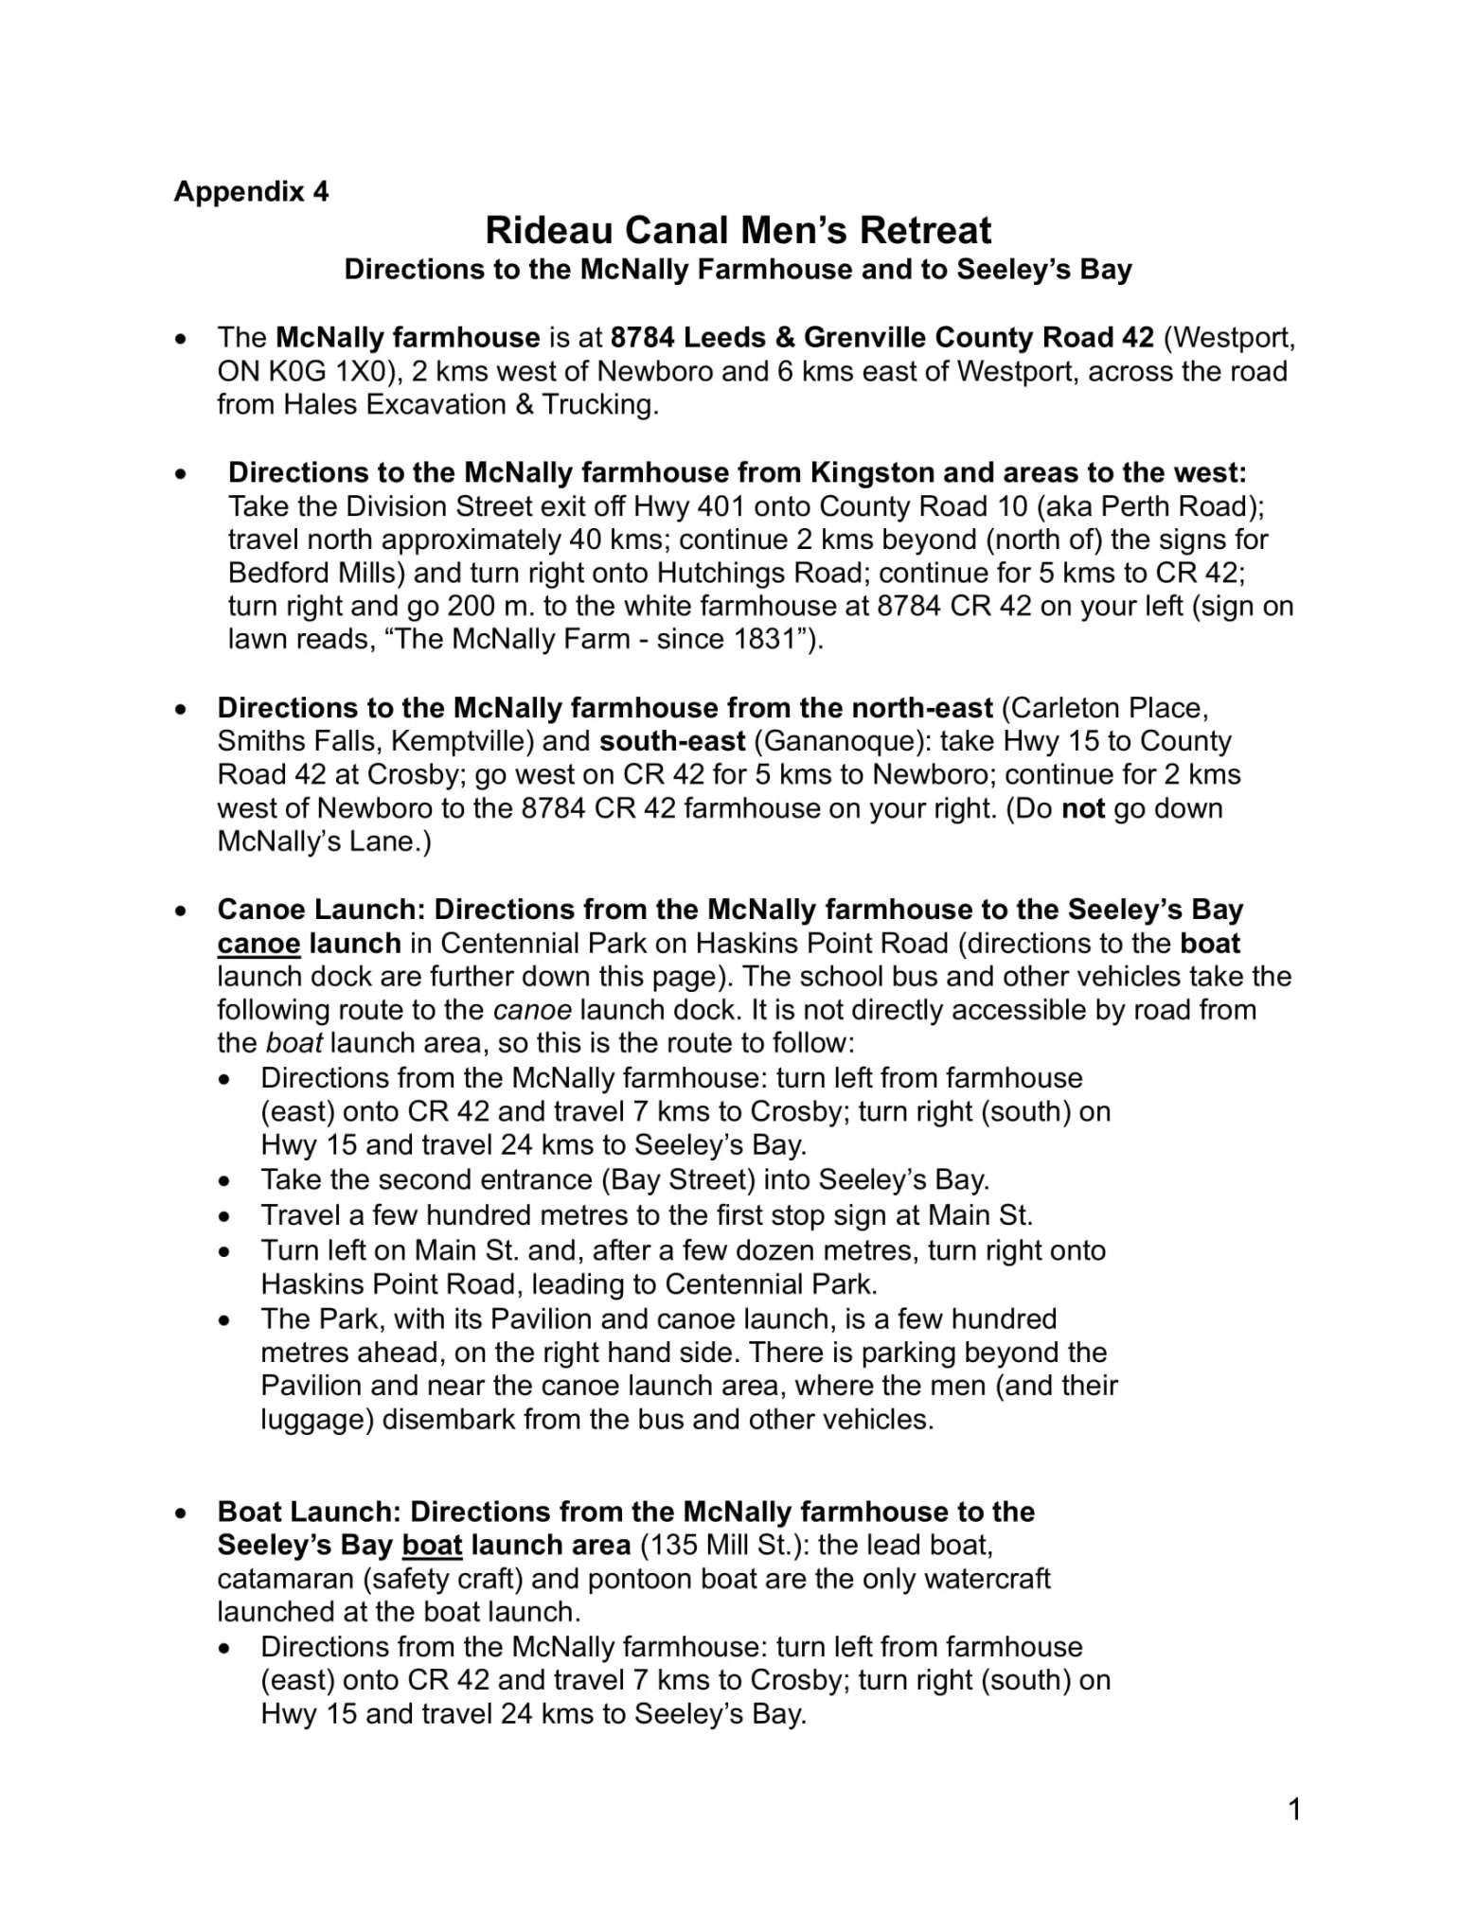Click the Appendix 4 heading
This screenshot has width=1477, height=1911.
(251, 192)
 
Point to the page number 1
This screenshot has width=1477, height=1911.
(1294, 1810)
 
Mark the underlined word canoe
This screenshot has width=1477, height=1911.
(258, 944)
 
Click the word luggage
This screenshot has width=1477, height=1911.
(317, 1420)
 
